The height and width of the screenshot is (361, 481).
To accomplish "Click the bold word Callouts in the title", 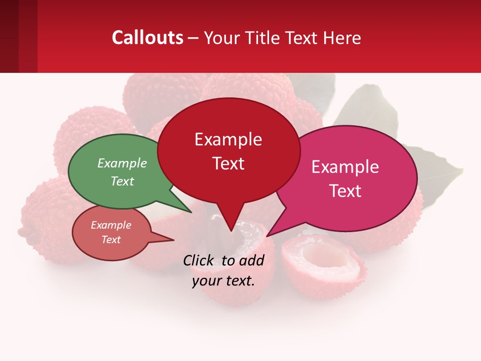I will [147, 38].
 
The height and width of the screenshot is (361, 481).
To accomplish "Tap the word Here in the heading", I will [343, 38].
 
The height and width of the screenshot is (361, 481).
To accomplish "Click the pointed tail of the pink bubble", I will [273, 231].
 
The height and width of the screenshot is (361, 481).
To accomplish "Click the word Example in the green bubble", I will [122, 163].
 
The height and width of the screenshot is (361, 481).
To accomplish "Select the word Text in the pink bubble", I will [346, 191].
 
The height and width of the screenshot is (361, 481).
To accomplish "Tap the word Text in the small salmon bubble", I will [111, 240].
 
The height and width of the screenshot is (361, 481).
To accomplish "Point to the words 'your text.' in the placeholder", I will [223, 281].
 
